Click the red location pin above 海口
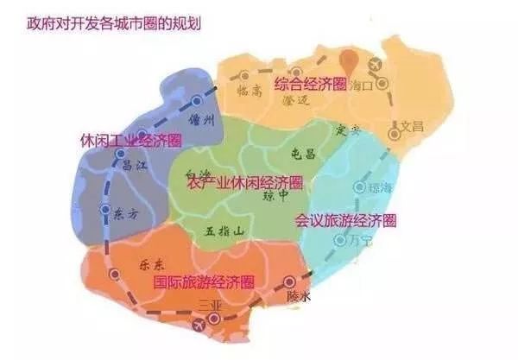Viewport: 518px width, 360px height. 348,60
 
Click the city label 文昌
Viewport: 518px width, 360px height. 412,127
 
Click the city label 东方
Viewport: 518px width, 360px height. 125,217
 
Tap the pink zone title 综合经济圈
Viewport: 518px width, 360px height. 310,84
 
